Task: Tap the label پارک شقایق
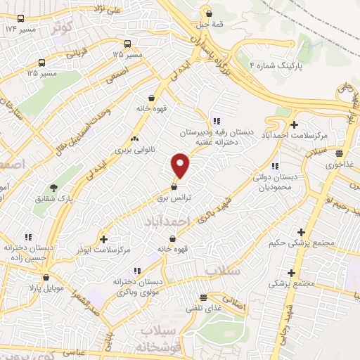[55, 199]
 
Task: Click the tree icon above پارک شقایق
[53, 187]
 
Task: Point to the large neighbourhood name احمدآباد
[166, 221]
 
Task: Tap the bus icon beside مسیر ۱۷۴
[21, 19]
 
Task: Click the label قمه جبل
[208, 24]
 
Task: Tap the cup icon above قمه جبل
[208, 12]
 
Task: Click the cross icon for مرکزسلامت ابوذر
[104, 239]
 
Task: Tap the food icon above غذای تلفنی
[203, 297]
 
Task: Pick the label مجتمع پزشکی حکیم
[301, 244]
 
